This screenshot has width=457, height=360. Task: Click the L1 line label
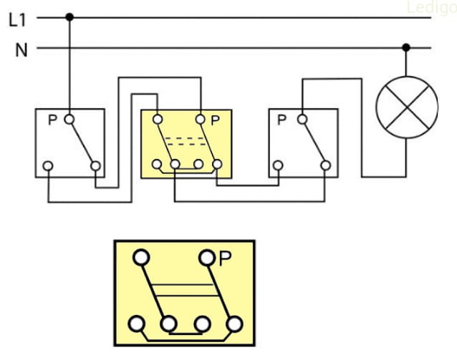[17, 19]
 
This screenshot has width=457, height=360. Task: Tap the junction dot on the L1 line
[69, 16]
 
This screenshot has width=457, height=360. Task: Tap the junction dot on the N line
[406, 49]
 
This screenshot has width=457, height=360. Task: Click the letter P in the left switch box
[52, 120]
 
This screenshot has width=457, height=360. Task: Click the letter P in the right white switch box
[282, 120]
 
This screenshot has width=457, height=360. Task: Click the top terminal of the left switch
[69, 119]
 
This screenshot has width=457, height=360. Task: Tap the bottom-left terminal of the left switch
[48, 166]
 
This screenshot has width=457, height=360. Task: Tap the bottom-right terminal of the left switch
[96, 166]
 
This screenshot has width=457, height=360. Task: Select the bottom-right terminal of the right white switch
[327, 166]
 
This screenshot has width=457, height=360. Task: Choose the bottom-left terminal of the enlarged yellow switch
[137, 324]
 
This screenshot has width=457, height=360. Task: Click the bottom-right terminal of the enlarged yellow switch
[234, 324]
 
